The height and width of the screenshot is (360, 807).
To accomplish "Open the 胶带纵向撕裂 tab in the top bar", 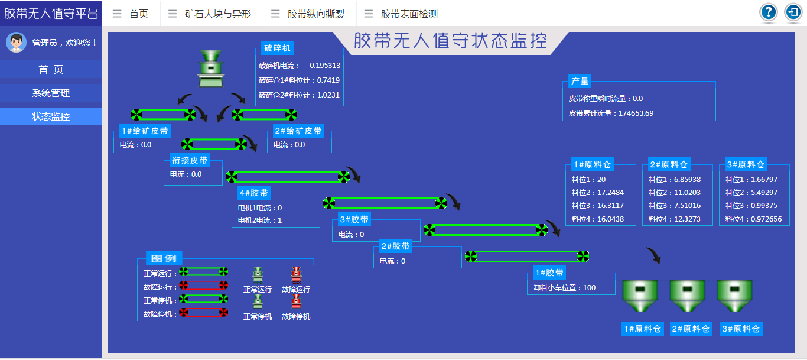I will click(316, 14).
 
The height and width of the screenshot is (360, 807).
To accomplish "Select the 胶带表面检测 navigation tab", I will click(409, 14).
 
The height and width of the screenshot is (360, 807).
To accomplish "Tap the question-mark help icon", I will click(768, 12).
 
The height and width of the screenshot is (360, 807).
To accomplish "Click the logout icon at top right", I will click(793, 12).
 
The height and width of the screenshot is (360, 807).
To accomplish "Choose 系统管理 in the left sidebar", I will click(51, 93).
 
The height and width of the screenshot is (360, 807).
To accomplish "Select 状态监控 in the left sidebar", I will click(51, 116).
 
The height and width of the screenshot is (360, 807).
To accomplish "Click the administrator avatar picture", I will click(16, 42).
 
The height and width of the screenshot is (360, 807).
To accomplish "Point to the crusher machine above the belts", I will click(211, 69).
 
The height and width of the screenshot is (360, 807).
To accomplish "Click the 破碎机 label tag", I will click(277, 48).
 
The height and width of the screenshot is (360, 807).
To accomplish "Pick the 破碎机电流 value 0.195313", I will click(325, 65).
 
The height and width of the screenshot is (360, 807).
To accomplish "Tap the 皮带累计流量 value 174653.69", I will click(636, 113).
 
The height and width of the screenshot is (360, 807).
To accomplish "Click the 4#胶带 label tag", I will click(253, 193).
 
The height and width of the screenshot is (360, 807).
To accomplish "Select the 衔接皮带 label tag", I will click(189, 160).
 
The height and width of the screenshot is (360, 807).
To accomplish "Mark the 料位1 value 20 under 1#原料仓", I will click(601, 179).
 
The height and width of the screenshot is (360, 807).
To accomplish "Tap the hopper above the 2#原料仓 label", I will click(687, 296).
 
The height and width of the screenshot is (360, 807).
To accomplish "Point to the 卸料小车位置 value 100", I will click(589, 288).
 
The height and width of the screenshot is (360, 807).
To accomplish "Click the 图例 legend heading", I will click(164, 258).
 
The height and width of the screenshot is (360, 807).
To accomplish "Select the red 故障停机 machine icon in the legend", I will click(296, 301).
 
